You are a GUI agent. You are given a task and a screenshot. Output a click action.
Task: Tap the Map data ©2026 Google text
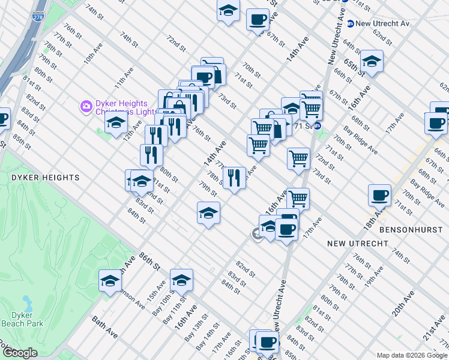[x=411, y=355]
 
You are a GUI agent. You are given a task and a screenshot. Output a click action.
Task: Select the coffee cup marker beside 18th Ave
[x=379, y=196]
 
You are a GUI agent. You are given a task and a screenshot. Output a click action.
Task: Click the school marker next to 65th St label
[x=372, y=62]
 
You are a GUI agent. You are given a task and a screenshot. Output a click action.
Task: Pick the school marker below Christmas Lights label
[x=116, y=124]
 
